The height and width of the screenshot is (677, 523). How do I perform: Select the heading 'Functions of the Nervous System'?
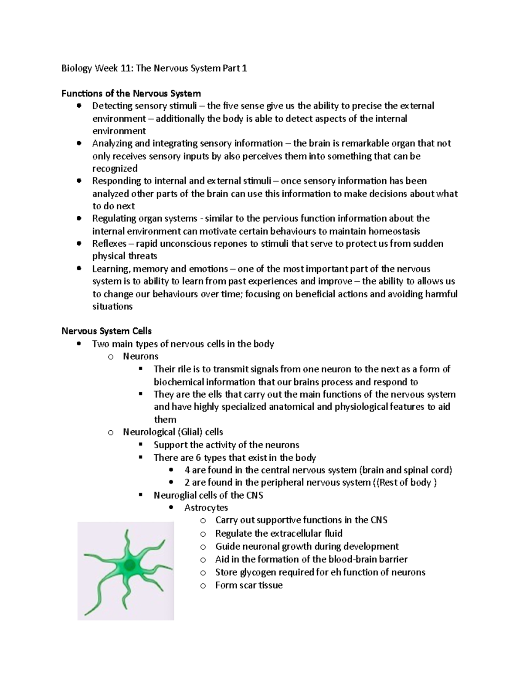pos(131,93)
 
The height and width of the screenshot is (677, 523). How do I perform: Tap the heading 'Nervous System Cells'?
pos(106,331)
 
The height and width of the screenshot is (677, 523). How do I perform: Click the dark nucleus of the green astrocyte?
pos(129,566)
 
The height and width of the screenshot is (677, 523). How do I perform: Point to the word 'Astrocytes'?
pos(206,507)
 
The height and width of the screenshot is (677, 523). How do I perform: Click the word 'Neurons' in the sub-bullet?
pos(140,357)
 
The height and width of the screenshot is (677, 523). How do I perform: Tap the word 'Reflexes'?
pos(109,244)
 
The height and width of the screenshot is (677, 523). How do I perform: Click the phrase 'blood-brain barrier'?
pos(368,559)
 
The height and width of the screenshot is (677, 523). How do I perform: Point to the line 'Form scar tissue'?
pos(248,585)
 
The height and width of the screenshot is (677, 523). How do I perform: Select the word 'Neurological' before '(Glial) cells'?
pos(149,432)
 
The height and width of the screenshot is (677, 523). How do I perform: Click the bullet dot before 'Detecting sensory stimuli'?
pos(78,105)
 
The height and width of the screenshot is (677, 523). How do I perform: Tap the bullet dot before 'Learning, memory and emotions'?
pos(78,269)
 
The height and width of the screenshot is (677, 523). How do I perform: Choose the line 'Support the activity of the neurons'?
pos(226,445)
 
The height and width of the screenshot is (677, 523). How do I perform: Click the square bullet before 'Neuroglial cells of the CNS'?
pos(140,495)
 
